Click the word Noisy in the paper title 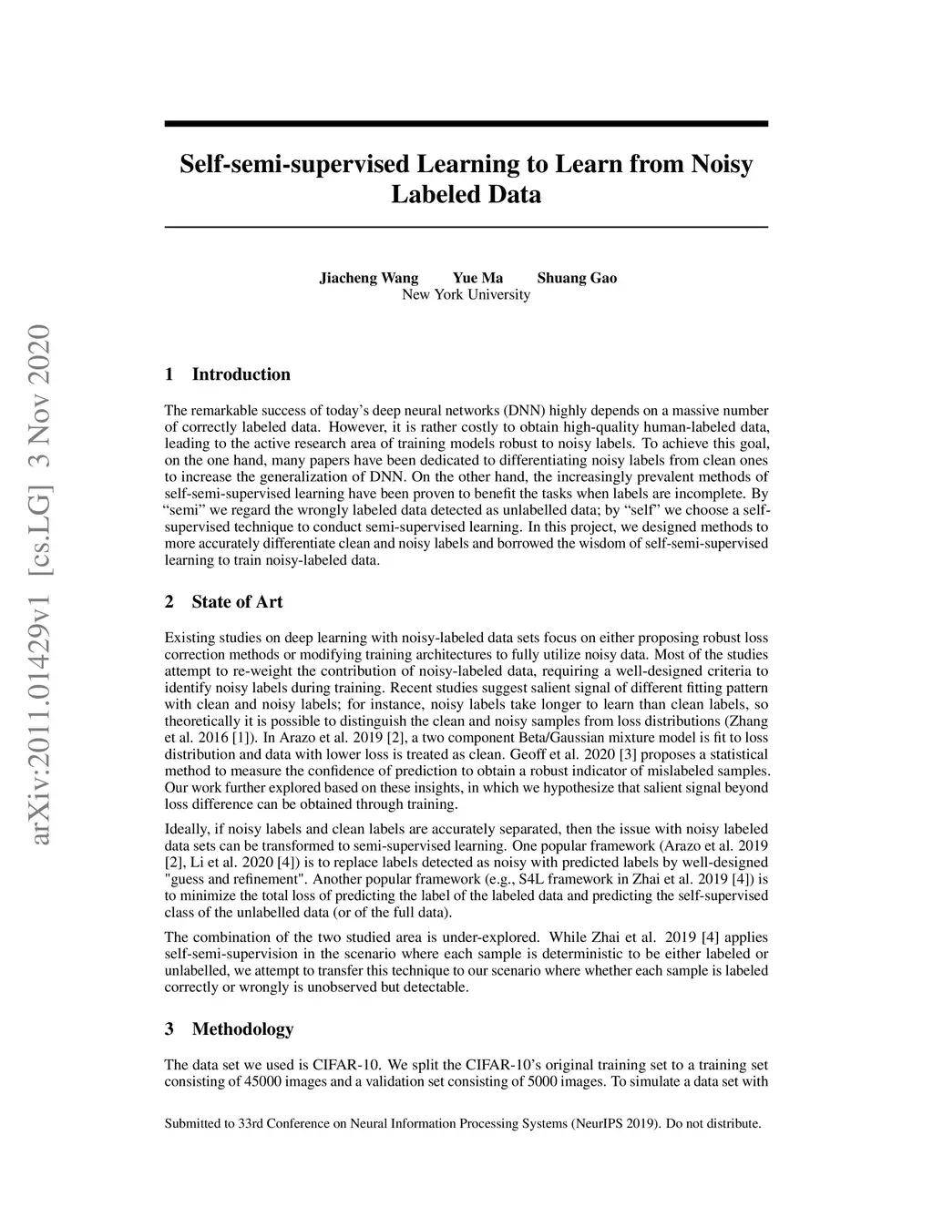[722, 165]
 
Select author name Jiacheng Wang [368, 278]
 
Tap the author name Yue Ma [477, 278]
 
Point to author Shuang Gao [577, 278]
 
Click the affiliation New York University [466, 294]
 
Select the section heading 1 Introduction [228, 374]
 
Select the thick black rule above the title [466, 124]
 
